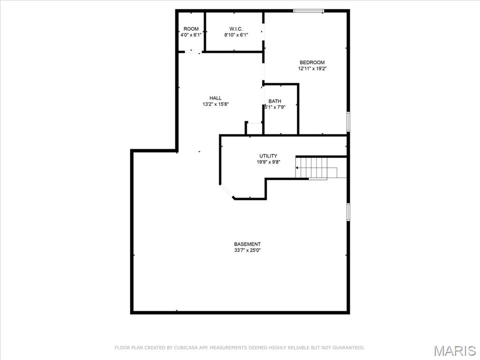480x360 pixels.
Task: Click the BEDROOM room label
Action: coord(312,62)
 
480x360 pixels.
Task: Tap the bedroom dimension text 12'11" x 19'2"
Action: coord(312,68)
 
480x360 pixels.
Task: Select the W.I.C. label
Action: coord(236,29)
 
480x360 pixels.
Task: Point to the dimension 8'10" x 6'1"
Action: coord(236,35)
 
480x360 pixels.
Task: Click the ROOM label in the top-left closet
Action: coord(191,29)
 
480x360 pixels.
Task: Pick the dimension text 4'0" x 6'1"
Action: coord(191,35)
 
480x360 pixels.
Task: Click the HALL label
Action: coord(216,98)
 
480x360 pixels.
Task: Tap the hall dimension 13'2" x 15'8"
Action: coord(216,104)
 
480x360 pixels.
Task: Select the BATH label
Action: coord(275,101)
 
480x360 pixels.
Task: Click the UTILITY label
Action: coord(268,156)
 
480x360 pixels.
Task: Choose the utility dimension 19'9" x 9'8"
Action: coord(268,162)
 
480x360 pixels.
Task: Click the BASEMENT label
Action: coord(247,244)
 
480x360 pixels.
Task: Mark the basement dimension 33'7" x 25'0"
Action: coord(247,250)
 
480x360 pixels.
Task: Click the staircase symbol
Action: coord(316,168)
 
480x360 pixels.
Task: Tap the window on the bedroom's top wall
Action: coord(308,10)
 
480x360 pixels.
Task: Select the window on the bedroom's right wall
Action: coord(348,121)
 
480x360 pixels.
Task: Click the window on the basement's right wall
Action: coord(348,211)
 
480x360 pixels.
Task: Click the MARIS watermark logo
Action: coord(455,350)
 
